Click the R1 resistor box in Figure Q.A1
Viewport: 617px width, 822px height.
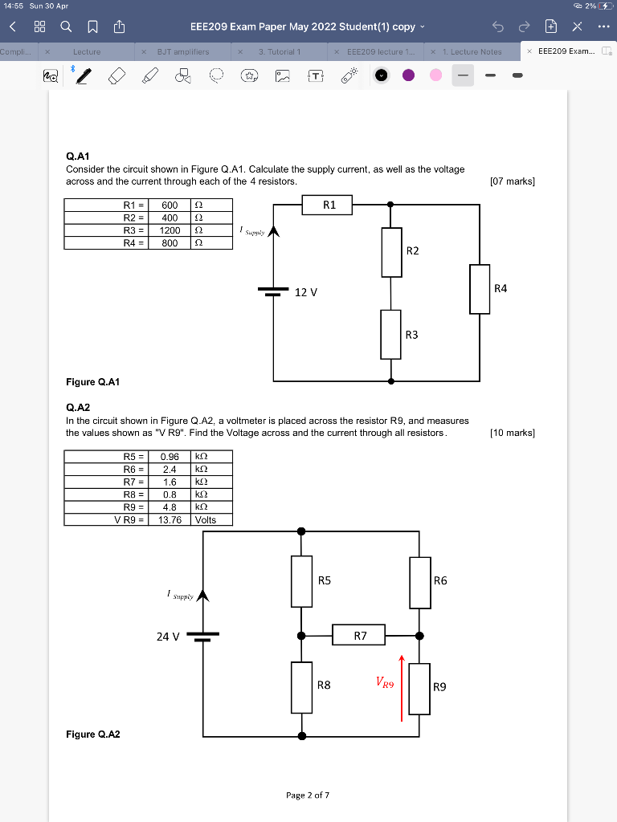click(329, 205)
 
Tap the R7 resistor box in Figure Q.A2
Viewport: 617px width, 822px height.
click(360, 636)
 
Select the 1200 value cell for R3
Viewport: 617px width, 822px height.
click(170, 230)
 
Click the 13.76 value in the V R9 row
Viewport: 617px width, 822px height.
click(170, 519)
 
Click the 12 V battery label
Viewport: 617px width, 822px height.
click(306, 292)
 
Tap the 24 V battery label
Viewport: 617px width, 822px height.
click(168, 637)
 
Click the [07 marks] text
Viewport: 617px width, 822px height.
click(512, 181)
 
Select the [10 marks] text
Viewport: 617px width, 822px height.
click(512, 433)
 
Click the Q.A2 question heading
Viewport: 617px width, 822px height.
click(80, 407)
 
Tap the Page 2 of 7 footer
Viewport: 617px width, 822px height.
click(308, 795)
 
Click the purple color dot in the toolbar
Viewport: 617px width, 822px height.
click(408, 75)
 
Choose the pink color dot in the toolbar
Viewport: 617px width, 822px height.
click(435, 75)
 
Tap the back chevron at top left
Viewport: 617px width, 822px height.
click(12, 26)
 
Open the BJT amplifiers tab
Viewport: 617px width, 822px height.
click(182, 51)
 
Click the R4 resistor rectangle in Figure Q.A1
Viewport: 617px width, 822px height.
click(480, 289)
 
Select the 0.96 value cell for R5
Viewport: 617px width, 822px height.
click(170, 457)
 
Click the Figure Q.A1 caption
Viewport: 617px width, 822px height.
click(93, 381)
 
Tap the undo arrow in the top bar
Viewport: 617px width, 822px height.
click(498, 26)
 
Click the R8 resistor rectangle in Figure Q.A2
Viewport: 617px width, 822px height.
click(301, 687)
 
